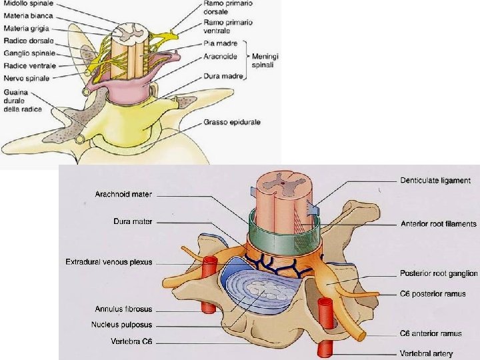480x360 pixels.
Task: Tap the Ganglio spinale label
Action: click(26, 53)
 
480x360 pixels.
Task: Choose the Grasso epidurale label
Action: click(232, 123)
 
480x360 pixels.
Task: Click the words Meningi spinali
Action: click(265, 61)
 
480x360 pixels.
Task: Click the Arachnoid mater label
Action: click(123, 195)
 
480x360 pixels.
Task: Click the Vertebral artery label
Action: click(432, 353)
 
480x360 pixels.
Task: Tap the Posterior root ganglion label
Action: click(439, 273)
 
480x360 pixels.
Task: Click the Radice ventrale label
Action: click(29, 65)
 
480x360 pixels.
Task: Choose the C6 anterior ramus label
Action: click(432, 333)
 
